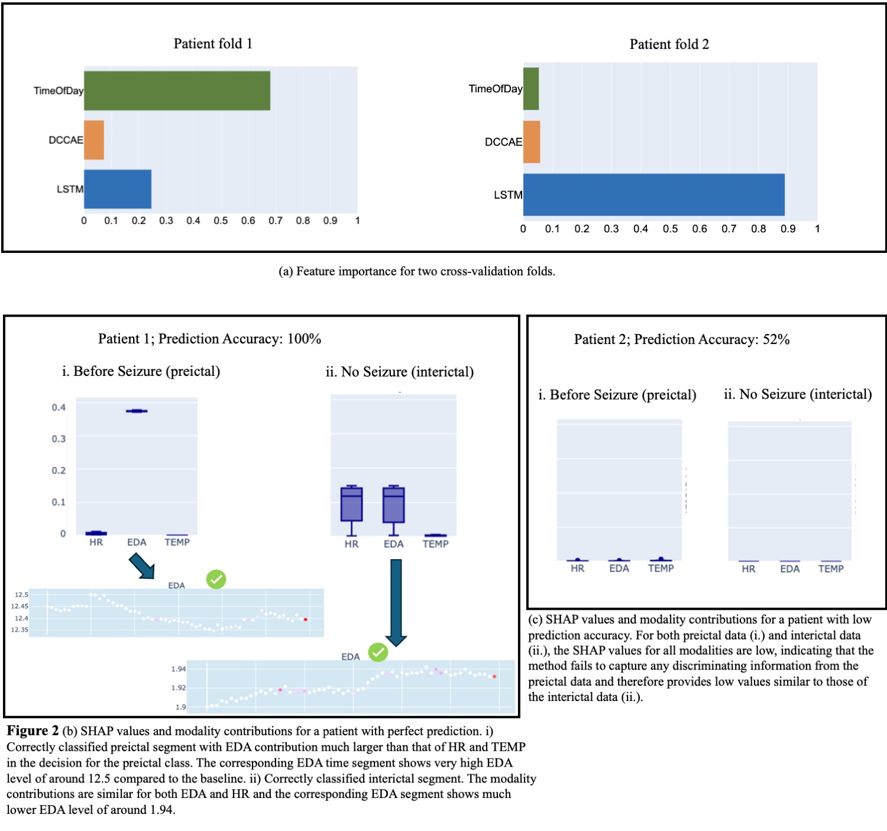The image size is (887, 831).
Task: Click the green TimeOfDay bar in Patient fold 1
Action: [x=177, y=90]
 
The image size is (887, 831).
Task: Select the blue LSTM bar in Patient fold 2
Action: [x=653, y=194]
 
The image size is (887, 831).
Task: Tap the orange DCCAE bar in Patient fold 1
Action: [x=94, y=140]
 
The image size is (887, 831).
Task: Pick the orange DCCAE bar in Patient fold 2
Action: [x=532, y=142]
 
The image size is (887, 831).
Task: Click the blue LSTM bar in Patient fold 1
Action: [x=118, y=189]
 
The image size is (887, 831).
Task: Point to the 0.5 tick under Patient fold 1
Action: [x=221, y=220]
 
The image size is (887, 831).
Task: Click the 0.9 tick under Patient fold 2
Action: [x=788, y=229]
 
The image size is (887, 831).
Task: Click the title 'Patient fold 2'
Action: [x=669, y=44]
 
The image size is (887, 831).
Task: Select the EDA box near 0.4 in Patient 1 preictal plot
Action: [x=137, y=411]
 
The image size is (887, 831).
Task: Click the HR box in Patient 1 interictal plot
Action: [x=351, y=504]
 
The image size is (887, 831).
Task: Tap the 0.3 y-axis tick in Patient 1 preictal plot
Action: [x=59, y=439]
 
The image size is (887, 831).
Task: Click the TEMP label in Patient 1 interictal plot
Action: [x=435, y=544]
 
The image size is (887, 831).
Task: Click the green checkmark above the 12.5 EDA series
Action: [x=216, y=579]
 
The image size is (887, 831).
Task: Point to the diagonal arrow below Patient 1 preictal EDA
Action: [x=142, y=566]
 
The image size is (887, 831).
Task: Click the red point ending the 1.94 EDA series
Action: [x=494, y=676]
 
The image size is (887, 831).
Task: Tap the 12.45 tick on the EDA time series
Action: [x=20, y=606]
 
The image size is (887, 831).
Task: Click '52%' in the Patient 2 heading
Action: [x=776, y=339]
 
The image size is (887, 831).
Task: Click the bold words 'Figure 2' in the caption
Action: [x=33, y=731]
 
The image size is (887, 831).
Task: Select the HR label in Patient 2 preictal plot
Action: [x=577, y=568]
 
